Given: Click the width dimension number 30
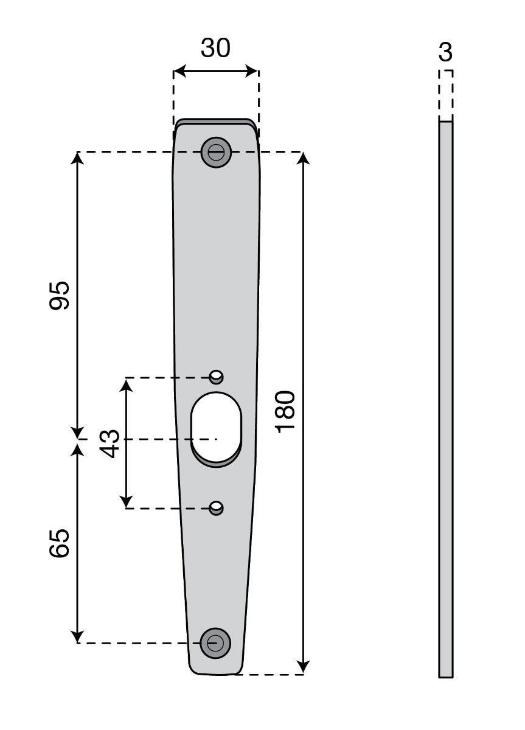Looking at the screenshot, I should coord(215,48).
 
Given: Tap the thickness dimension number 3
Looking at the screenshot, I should coord(445,53).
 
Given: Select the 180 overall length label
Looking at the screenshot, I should coord(285,412).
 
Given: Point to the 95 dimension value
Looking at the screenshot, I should coord(60,296).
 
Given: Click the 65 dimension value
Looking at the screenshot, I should coord(60,543).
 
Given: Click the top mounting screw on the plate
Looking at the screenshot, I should coord(216,152).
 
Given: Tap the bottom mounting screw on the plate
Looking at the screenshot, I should coord(216,642).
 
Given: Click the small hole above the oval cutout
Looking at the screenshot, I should coord(216,377).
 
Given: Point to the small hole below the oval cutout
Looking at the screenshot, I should coord(216,507).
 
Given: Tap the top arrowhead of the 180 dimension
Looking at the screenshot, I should coord(304,158).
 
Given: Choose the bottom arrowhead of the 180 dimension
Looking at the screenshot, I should coord(304,667).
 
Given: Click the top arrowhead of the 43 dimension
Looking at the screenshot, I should coord(126,384).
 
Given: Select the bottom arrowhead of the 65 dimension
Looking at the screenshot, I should coord(77,636).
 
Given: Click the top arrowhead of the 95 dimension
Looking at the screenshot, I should coord(77,158).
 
